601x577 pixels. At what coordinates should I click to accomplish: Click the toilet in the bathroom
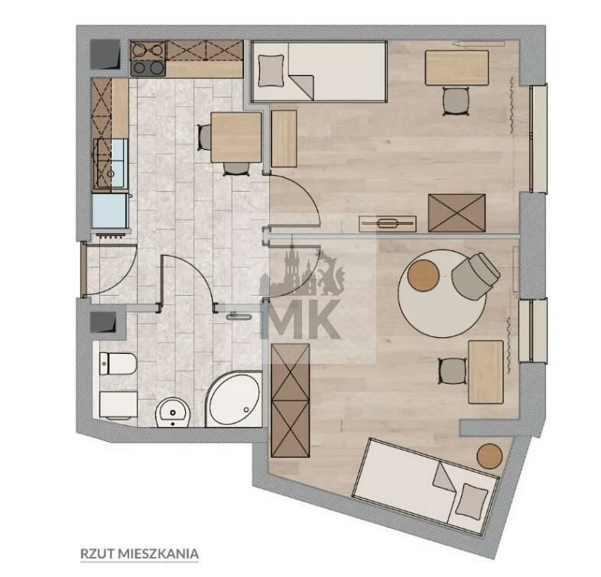tap(118, 364)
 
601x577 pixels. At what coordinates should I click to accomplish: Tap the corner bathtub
tap(234, 399)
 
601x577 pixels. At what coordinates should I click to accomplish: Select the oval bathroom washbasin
tap(174, 413)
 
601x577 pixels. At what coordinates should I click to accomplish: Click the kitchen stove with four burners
tap(148, 58)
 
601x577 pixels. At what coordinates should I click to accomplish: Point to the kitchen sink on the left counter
tap(110, 164)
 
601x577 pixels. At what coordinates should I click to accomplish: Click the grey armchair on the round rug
tap(476, 276)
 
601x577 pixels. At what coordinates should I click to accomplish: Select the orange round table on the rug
tap(423, 275)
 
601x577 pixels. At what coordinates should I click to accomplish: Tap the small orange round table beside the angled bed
tap(489, 456)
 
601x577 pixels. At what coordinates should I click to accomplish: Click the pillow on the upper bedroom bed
tap(271, 70)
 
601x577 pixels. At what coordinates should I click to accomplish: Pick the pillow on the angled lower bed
tap(472, 501)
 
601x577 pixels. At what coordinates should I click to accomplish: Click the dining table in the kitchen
tap(236, 137)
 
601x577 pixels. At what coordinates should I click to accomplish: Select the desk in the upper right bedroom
tap(456, 68)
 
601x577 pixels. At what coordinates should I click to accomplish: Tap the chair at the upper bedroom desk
tap(456, 101)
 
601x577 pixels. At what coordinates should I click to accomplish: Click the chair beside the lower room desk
tap(453, 371)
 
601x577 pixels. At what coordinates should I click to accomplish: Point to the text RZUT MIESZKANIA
tap(139, 553)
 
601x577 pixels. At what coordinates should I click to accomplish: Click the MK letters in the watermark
tap(300, 319)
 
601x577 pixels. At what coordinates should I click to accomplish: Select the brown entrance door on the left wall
tap(83, 270)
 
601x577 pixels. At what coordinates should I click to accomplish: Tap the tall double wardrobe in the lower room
tap(290, 400)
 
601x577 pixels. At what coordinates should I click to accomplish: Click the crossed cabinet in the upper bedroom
tap(457, 213)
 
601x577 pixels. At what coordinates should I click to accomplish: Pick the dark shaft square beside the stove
tap(105, 54)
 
